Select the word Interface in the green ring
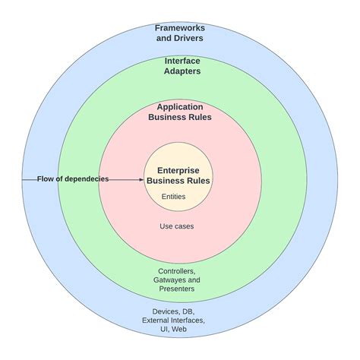coord(179,61)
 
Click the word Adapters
coord(179,72)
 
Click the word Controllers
coord(178,271)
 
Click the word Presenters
coord(178,289)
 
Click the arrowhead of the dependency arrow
coord(141,180)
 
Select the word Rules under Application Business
coord(200,118)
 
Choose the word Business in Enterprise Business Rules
coord(166,181)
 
